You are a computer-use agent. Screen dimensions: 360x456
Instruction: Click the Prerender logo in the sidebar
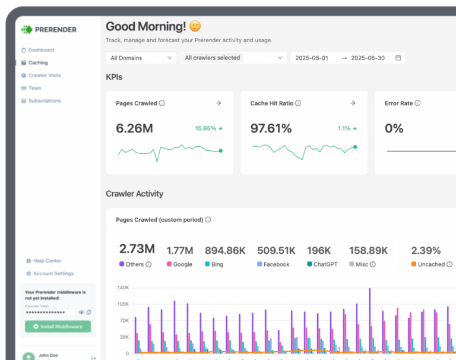pos(49,29)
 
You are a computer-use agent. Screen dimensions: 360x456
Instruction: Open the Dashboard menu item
pos(41,50)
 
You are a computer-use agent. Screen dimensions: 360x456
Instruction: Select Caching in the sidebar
pos(38,62)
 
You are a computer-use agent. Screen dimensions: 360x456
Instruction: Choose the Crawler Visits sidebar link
pos(45,75)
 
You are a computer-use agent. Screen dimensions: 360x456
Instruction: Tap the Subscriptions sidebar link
pos(45,100)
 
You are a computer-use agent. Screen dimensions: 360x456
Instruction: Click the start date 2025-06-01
pos(312,58)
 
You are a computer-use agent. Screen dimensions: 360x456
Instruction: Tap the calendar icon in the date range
pos(398,58)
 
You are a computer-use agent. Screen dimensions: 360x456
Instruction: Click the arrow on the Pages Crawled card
pos(218,103)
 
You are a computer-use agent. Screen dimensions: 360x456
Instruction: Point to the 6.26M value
pos(134,128)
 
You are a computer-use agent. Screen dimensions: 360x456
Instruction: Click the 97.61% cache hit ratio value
pos(271,128)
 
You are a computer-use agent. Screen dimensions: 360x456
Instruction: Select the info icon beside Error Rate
pos(418,103)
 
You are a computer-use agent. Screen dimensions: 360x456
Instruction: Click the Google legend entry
pos(179,264)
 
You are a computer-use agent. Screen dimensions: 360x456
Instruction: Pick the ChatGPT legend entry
pos(322,264)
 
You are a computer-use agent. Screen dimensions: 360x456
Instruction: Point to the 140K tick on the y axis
pos(122,288)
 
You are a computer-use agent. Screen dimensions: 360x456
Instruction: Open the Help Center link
pos(47,261)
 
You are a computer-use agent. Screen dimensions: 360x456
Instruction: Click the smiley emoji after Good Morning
pos(195,27)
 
